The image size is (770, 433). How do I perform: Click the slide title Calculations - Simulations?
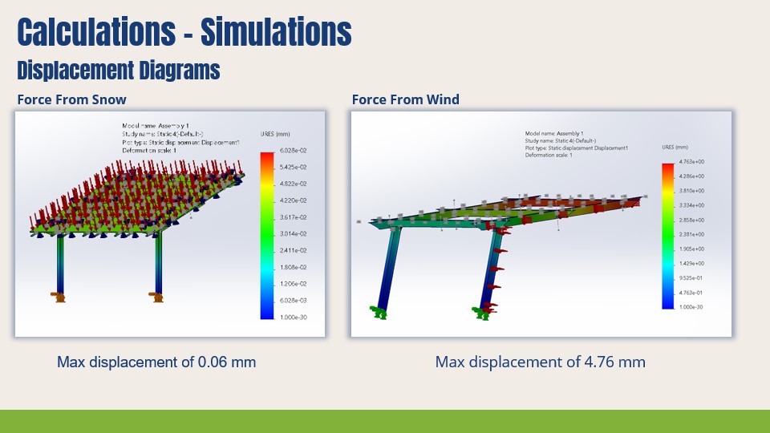[x=184, y=32]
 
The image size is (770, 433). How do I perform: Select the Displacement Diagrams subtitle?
[x=119, y=71]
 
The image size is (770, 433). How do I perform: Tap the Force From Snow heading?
[x=72, y=99]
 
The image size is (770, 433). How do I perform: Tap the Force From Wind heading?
[x=406, y=99]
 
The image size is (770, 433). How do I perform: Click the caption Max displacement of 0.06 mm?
[x=156, y=362]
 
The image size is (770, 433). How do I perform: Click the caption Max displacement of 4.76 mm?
[x=540, y=362]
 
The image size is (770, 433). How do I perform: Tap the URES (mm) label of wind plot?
[x=675, y=148]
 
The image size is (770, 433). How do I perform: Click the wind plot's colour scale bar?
[x=667, y=236]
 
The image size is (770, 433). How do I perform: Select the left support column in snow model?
[x=61, y=265]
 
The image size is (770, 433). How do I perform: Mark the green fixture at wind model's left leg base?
[x=377, y=312]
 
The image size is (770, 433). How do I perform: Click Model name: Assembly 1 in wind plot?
[x=554, y=133]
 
